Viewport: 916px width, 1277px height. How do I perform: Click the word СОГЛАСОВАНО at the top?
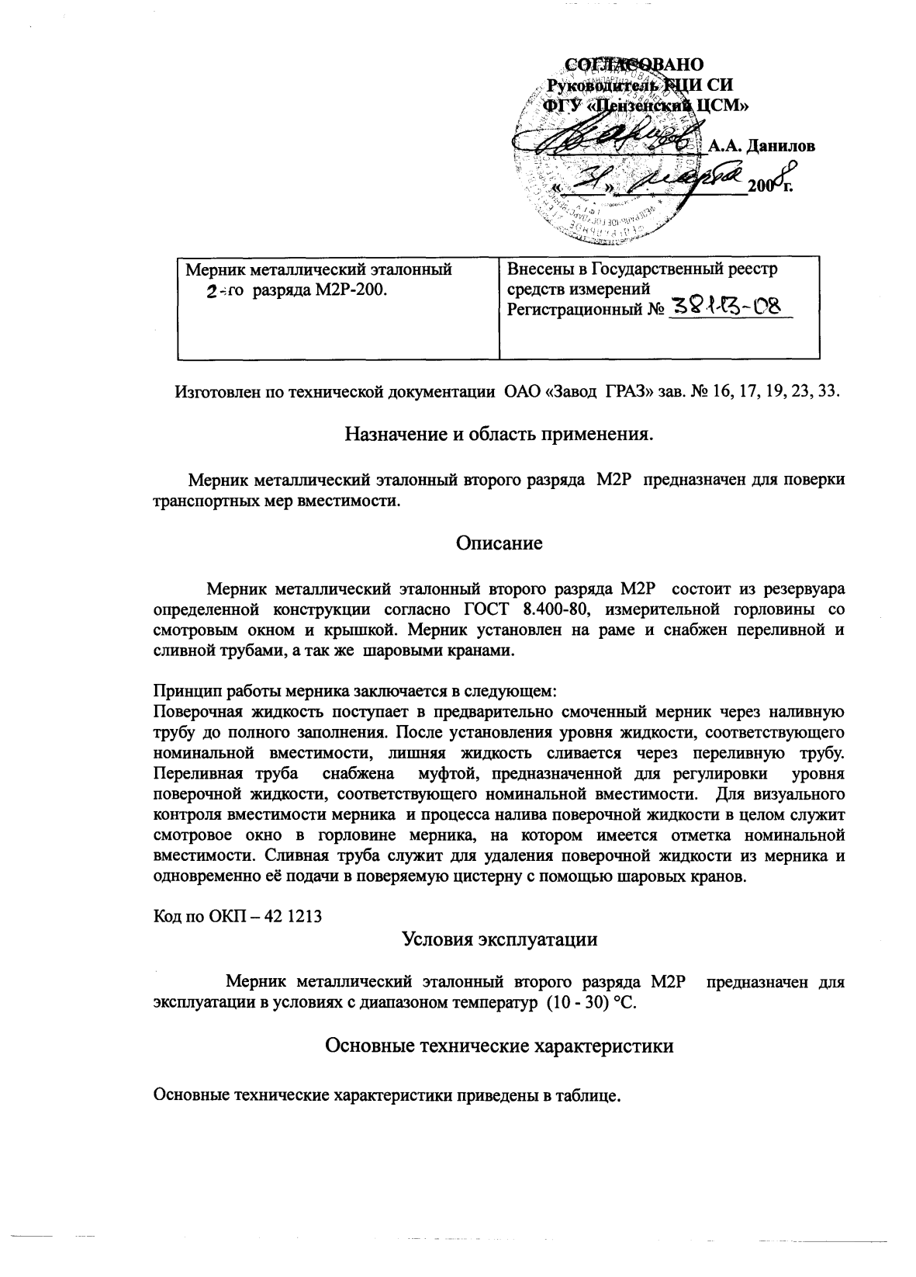[x=632, y=64]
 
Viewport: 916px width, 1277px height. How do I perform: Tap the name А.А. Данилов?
[x=762, y=146]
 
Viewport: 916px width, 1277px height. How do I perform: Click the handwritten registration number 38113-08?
[x=727, y=309]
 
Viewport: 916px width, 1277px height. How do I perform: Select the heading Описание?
[x=498, y=543]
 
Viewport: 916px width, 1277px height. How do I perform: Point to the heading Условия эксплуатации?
[x=499, y=939]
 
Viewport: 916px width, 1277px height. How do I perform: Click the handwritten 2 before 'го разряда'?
[x=209, y=292]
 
